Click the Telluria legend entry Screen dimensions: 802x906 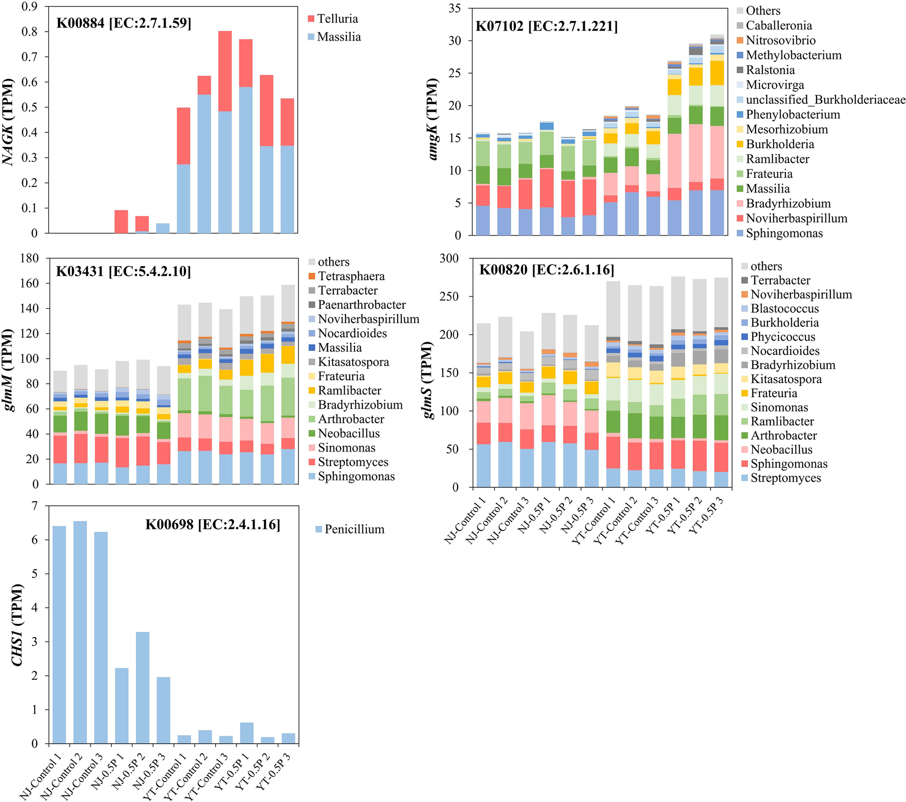[337, 19]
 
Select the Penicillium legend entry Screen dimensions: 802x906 [354, 529]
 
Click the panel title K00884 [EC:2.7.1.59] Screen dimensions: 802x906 [124, 23]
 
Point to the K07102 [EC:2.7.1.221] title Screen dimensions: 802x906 [546, 27]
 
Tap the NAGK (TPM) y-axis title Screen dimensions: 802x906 [8, 122]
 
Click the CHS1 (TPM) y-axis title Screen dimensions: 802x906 [17, 625]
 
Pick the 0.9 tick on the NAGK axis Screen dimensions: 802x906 [29, 7]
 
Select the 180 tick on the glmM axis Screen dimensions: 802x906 [29, 258]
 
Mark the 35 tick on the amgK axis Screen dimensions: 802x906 [454, 8]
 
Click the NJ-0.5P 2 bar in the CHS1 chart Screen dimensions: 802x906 [142, 687]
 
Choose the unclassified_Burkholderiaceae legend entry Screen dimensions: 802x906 [825, 100]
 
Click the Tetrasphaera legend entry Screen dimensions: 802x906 [351, 276]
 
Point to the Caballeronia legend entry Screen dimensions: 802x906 [784, 25]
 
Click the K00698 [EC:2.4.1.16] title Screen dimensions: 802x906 [213, 525]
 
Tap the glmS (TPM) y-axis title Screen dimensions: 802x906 [428, 380]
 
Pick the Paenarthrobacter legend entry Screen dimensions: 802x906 [361, 305]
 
